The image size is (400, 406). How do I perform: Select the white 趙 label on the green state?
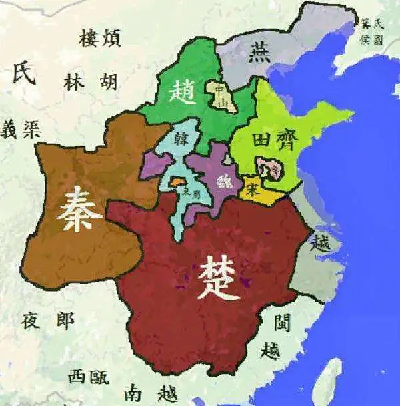click(x=182, y=91)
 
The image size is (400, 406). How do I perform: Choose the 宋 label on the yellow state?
click(x=251, y=188)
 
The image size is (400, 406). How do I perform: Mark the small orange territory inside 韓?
click(x=177, y=181)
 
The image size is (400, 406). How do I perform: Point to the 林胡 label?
click(x=91, y=82)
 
